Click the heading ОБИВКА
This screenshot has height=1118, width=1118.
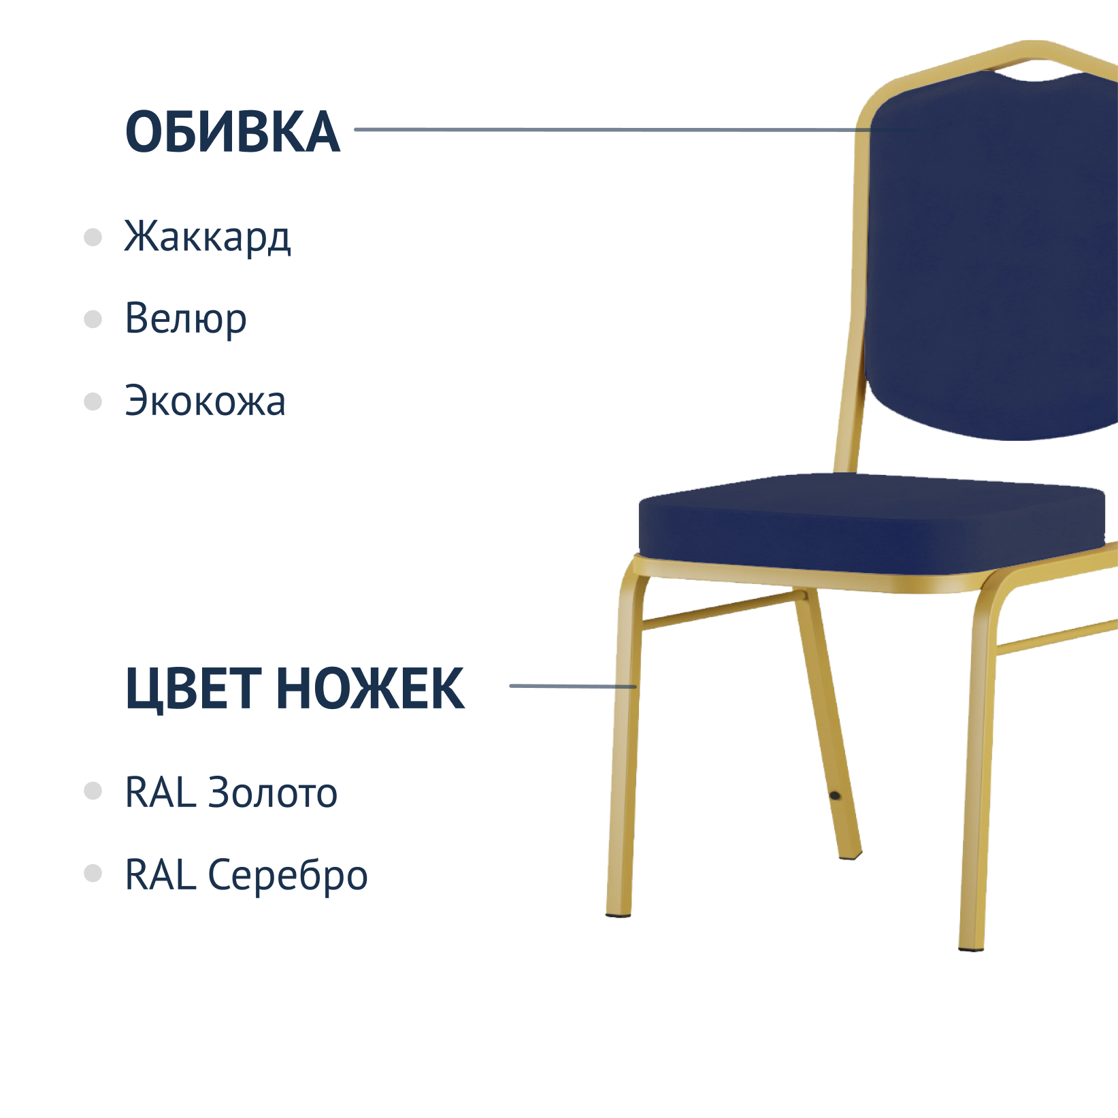click(x=233, y=131)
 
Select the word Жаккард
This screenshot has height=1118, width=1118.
click(x=208, y=237)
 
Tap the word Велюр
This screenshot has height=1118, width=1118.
click(x=186, y=318)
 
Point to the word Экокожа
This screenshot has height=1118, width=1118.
click(x=205, y=401)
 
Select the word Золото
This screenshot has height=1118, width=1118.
click(x=273, y=793)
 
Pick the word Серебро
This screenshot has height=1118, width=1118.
click(x=288, y=876)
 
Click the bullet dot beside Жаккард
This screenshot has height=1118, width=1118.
click(x=93, y=237)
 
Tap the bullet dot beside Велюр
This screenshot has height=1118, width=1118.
click(x=93, y=319)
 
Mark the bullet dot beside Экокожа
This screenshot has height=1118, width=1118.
click(x=93, y=401)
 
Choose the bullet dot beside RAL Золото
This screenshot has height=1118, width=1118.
click(x=93, y=791)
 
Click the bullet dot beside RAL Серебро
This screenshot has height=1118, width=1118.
click(x=93, y=873)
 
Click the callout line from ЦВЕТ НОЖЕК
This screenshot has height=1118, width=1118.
click(x=573, y=686)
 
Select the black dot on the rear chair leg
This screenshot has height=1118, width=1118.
click(x=835, y=795)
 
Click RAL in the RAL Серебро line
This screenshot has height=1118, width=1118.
click(x=161, y=874)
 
